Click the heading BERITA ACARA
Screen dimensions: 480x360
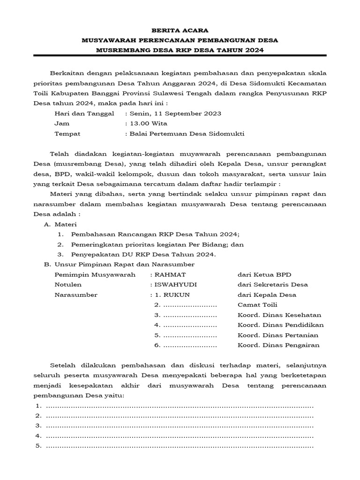[180, 30]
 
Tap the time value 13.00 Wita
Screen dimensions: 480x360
[148, 123]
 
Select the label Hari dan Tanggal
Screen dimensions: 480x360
[84, 113]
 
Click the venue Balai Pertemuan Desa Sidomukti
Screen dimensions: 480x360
[187, 134]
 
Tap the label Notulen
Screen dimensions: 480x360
[68, 285]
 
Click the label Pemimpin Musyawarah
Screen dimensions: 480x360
[95, 274]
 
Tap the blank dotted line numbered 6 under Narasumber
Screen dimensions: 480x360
[189, 345]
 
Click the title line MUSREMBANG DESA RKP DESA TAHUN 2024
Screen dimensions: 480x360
[180, 50]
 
